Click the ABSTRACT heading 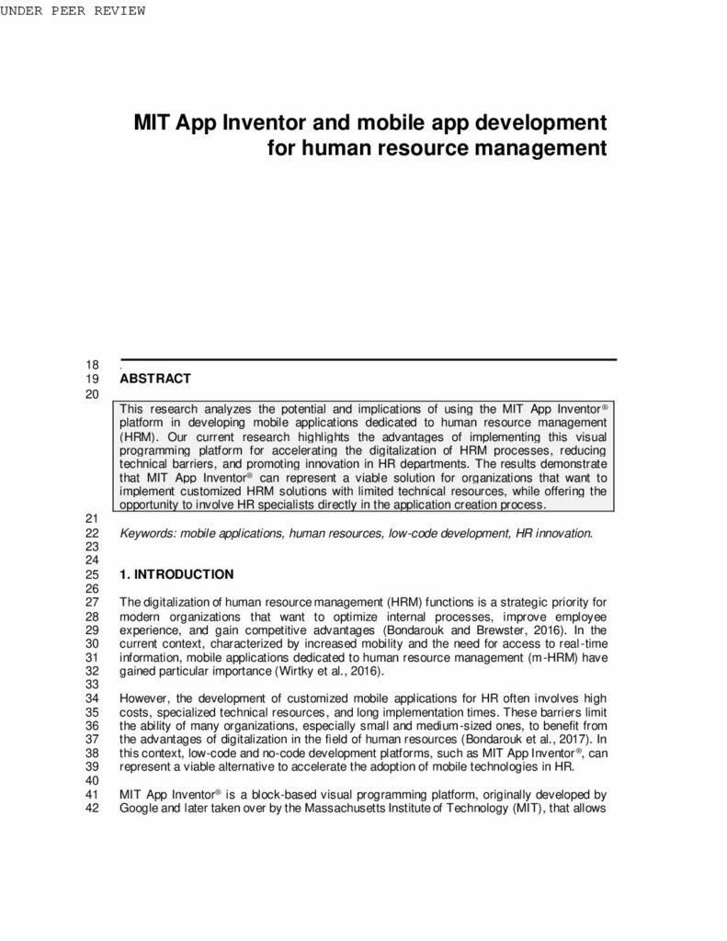[x=155, y=379]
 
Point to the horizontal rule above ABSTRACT [x=368, y=359]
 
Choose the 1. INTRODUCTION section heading [x=176, y=574]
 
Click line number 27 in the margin [x=91, y=603]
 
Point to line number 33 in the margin [x=91, y=685]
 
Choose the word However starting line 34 [x=143, y=699]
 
